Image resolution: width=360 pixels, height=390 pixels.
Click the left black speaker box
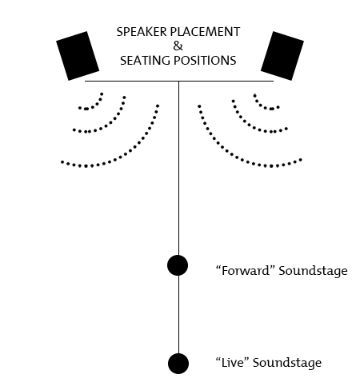coord(78,56)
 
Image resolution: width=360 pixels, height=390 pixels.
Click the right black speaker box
coord(282,56)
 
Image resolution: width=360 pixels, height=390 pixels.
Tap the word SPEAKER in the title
coord(142,32)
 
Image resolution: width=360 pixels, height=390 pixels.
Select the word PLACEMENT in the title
coord(205,32)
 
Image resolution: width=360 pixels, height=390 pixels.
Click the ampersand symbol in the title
coord(178,46)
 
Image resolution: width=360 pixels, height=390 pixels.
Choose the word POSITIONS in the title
coord(205,61)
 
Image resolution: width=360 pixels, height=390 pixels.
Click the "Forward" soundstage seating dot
coord(178,265)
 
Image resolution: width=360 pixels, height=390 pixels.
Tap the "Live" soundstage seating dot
coord(178,364)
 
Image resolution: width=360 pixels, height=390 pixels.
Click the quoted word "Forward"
coord(246,270)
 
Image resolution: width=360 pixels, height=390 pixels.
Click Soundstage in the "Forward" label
coord(313,271)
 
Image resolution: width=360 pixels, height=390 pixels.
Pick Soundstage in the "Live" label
coord(287,363)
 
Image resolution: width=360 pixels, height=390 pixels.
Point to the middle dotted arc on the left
coord(111,123)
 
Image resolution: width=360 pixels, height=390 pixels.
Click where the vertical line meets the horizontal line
coord(178,81)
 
